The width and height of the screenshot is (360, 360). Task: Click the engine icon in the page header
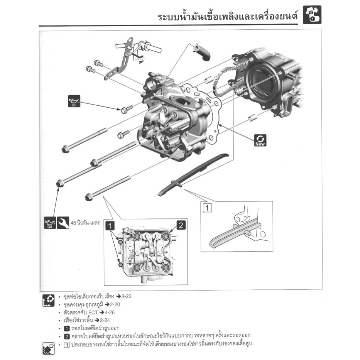[312, 15]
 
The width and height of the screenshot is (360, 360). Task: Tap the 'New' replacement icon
[260, 140]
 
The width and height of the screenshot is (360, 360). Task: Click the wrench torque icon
[63, 223]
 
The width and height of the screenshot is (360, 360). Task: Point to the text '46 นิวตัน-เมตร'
[86, 223]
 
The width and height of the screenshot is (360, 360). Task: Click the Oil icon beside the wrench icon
[50, 223]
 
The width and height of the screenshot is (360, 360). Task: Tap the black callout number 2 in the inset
[181, 225]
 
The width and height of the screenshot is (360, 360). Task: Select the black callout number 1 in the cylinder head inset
[110, 225]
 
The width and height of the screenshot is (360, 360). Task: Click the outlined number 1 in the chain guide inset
[207, 208]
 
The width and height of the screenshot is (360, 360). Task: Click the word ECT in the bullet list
[93, 312]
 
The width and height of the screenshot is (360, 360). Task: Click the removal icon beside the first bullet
[49, 300]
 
